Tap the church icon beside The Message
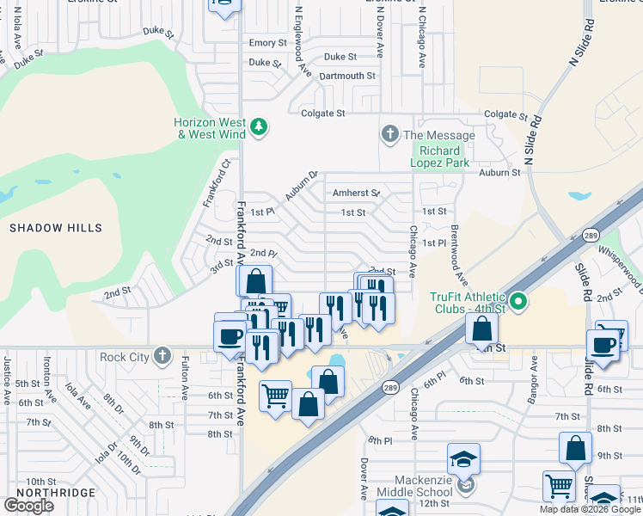click(389, 135)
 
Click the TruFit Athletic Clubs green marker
click(518, 302)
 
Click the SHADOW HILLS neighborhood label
click(56, 228)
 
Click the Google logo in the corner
click(28, 505)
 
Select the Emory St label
click(267, 43)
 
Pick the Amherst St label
click(356, 193)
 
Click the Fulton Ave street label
click(185, 379)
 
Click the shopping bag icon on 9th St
click(575, 448)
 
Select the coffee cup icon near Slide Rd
click(603, 345)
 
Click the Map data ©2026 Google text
click(590, 509)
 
